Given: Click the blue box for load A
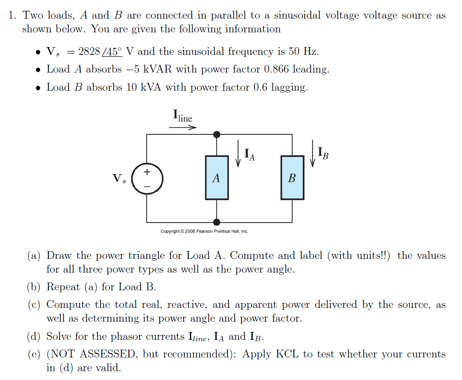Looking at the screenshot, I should point(217,177).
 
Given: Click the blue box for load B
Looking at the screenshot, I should point(292,177).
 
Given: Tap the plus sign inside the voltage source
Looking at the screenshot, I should point(146,172).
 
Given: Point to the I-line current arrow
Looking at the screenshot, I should point(183,127).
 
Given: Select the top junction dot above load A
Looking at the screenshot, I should point(217,134).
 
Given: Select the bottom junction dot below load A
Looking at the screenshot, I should point(217,222).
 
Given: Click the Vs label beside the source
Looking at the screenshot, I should point(119,178).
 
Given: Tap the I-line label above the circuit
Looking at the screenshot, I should point(183,116).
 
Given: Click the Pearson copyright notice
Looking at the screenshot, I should point(204,231).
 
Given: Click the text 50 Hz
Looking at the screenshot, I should point(305,51).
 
